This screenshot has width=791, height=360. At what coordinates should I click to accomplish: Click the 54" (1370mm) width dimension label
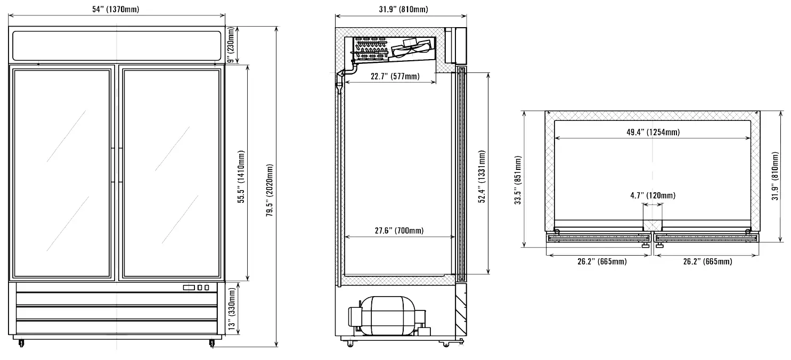point(117,9)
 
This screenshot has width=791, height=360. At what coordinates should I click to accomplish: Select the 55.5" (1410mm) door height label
point(241,176)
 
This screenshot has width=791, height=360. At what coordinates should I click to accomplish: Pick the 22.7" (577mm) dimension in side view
point(395,76)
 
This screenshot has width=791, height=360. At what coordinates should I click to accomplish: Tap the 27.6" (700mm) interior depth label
point(399,231)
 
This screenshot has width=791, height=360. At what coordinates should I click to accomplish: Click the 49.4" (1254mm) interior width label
point(653,132)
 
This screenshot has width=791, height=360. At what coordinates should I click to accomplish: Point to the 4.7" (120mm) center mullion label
point(653,195)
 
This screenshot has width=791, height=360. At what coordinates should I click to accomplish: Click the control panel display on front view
point(189,288)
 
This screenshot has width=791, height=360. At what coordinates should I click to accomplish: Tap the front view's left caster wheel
point(21,342)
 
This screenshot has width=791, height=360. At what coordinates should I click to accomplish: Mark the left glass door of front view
point(62,173)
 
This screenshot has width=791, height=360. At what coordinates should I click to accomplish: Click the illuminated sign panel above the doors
point(117,45)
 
